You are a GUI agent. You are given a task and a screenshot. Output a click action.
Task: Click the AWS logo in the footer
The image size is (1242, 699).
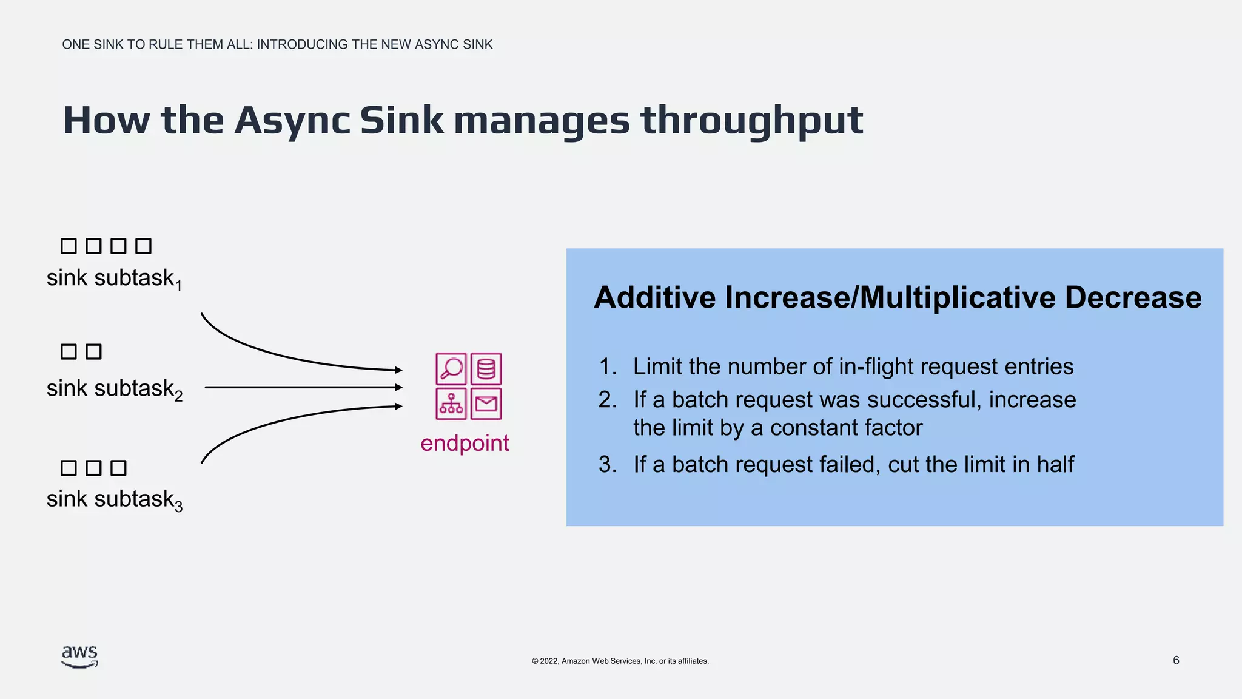pos(79,657)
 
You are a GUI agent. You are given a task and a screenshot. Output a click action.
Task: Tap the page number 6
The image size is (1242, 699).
pos(1176,660)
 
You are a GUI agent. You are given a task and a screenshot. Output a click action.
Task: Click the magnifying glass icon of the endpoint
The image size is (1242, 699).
pos(451,368)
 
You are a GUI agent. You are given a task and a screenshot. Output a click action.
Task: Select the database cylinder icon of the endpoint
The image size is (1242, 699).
pos(486,368)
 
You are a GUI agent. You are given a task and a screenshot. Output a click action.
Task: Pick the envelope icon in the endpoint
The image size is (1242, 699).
pos(486,404)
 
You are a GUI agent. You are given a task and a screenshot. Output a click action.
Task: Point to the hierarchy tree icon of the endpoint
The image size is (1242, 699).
pos(451,404)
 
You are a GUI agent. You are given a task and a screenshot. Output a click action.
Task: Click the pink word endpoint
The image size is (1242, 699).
pos(465,443)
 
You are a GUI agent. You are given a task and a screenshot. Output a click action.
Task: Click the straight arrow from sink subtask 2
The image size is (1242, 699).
pos(303,387)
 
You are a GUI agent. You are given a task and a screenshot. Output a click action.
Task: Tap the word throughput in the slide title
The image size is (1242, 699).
pos(752,121)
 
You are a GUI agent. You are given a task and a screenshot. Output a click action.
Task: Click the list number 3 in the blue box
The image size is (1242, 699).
pos(607,465)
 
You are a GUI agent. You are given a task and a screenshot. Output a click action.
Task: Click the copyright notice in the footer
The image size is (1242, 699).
pos(620,661)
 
